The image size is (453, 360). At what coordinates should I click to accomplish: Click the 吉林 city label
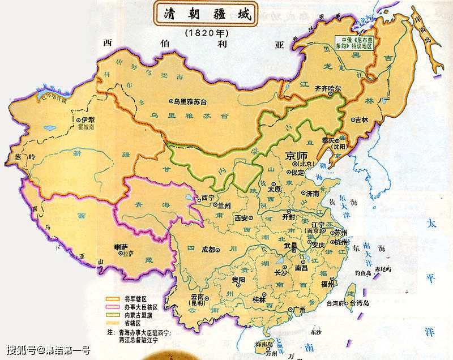360,120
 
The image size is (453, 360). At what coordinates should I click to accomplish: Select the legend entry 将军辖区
133,298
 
